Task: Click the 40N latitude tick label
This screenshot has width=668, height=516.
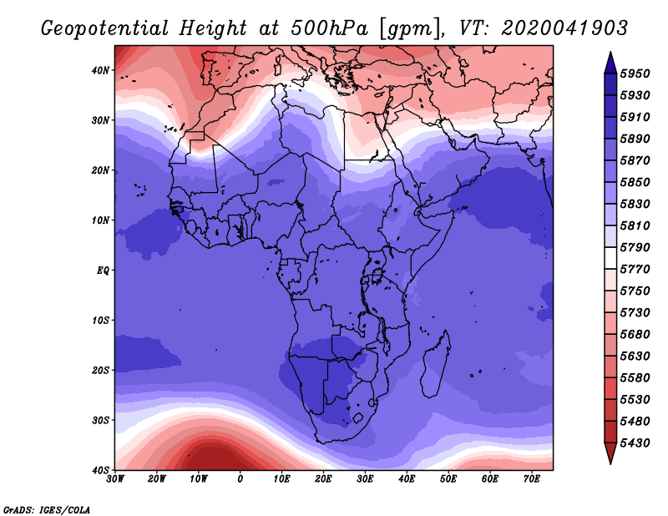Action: point(100,70)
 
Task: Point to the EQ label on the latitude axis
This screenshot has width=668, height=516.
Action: point(103,271)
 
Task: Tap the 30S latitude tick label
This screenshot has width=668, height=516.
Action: point(100,420)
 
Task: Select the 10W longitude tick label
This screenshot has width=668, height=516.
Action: point(198,479)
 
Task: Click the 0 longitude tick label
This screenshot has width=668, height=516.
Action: point(240,479)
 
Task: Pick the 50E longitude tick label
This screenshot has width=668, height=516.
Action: point(448,479)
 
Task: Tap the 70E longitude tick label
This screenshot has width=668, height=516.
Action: point(531,479)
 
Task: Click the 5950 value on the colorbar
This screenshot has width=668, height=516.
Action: point(635,73)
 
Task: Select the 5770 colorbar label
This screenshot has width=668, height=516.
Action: point(635,270)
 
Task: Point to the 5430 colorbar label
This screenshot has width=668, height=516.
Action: point(635,443)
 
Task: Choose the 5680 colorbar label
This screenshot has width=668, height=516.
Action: point(635,335)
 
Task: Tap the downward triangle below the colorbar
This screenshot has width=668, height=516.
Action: point(610,452)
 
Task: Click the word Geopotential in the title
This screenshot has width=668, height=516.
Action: point(105,28)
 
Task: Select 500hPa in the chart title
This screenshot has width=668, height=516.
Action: point(329,28)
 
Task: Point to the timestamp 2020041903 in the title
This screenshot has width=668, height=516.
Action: point(564,28)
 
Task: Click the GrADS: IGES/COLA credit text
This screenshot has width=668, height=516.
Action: point(47,509)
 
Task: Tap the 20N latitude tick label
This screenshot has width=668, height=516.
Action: point(100,170)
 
